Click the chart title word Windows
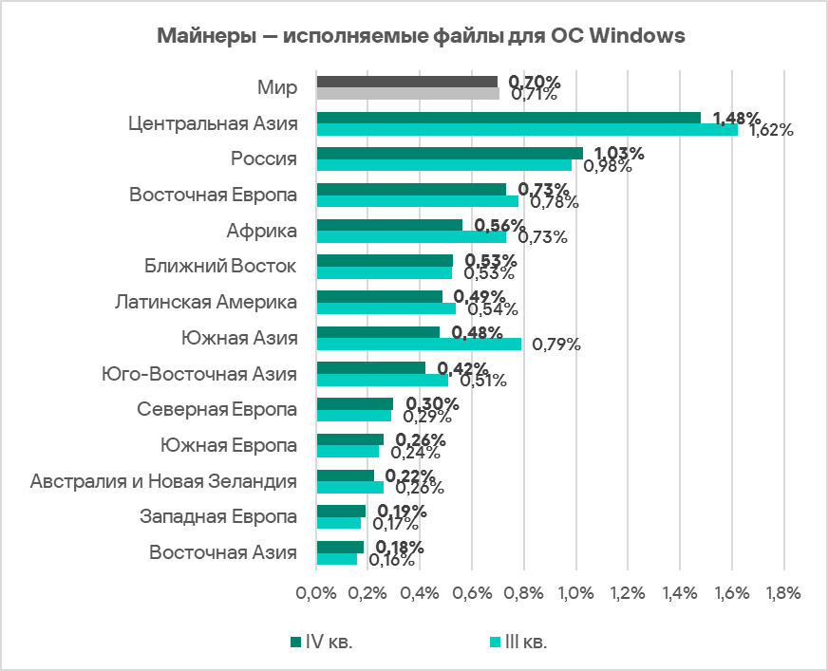tap(635, 36)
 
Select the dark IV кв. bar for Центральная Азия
tap(508, 118)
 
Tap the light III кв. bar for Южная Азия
tap(419, 344)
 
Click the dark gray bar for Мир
tap(406, 82)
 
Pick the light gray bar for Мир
tap(407, 94)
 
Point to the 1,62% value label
tap(770, 131)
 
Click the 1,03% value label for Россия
tap(618, 154)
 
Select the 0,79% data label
tap(556, 345)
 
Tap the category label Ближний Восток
tap(221, 266)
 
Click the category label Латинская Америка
tap(205, 302)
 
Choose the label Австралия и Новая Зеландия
tap(163, 481)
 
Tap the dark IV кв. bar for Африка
tap(389, 225)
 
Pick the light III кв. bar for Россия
tap(443, 165)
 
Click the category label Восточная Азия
tap(223, 552)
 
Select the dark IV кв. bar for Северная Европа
tap(354, 403)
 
